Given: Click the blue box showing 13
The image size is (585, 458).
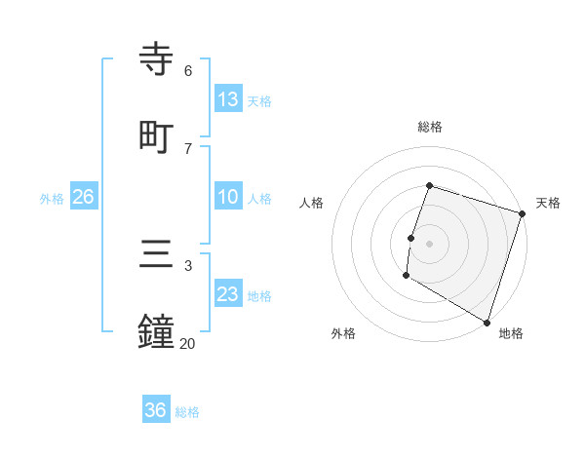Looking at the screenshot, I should (228, 99).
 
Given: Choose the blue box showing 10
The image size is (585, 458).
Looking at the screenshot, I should (228, 197).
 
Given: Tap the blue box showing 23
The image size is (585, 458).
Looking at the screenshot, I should (228, 294).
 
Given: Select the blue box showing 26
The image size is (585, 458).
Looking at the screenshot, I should (83, 197).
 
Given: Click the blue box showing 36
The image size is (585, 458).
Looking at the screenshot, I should (156, 410).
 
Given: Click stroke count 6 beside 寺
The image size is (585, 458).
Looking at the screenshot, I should (188, 71).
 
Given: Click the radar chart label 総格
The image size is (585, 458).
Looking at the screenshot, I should (430, 127).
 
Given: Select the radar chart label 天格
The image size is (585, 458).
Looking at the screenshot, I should (548, 203).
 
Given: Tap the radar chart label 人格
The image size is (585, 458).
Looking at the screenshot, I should (312, 203).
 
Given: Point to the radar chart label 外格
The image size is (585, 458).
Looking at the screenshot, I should (343, 333).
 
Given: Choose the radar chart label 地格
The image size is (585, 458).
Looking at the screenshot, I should (511, 333).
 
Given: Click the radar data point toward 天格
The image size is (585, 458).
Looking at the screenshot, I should (522, 213).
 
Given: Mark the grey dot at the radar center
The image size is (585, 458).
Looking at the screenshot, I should (430, 243).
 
